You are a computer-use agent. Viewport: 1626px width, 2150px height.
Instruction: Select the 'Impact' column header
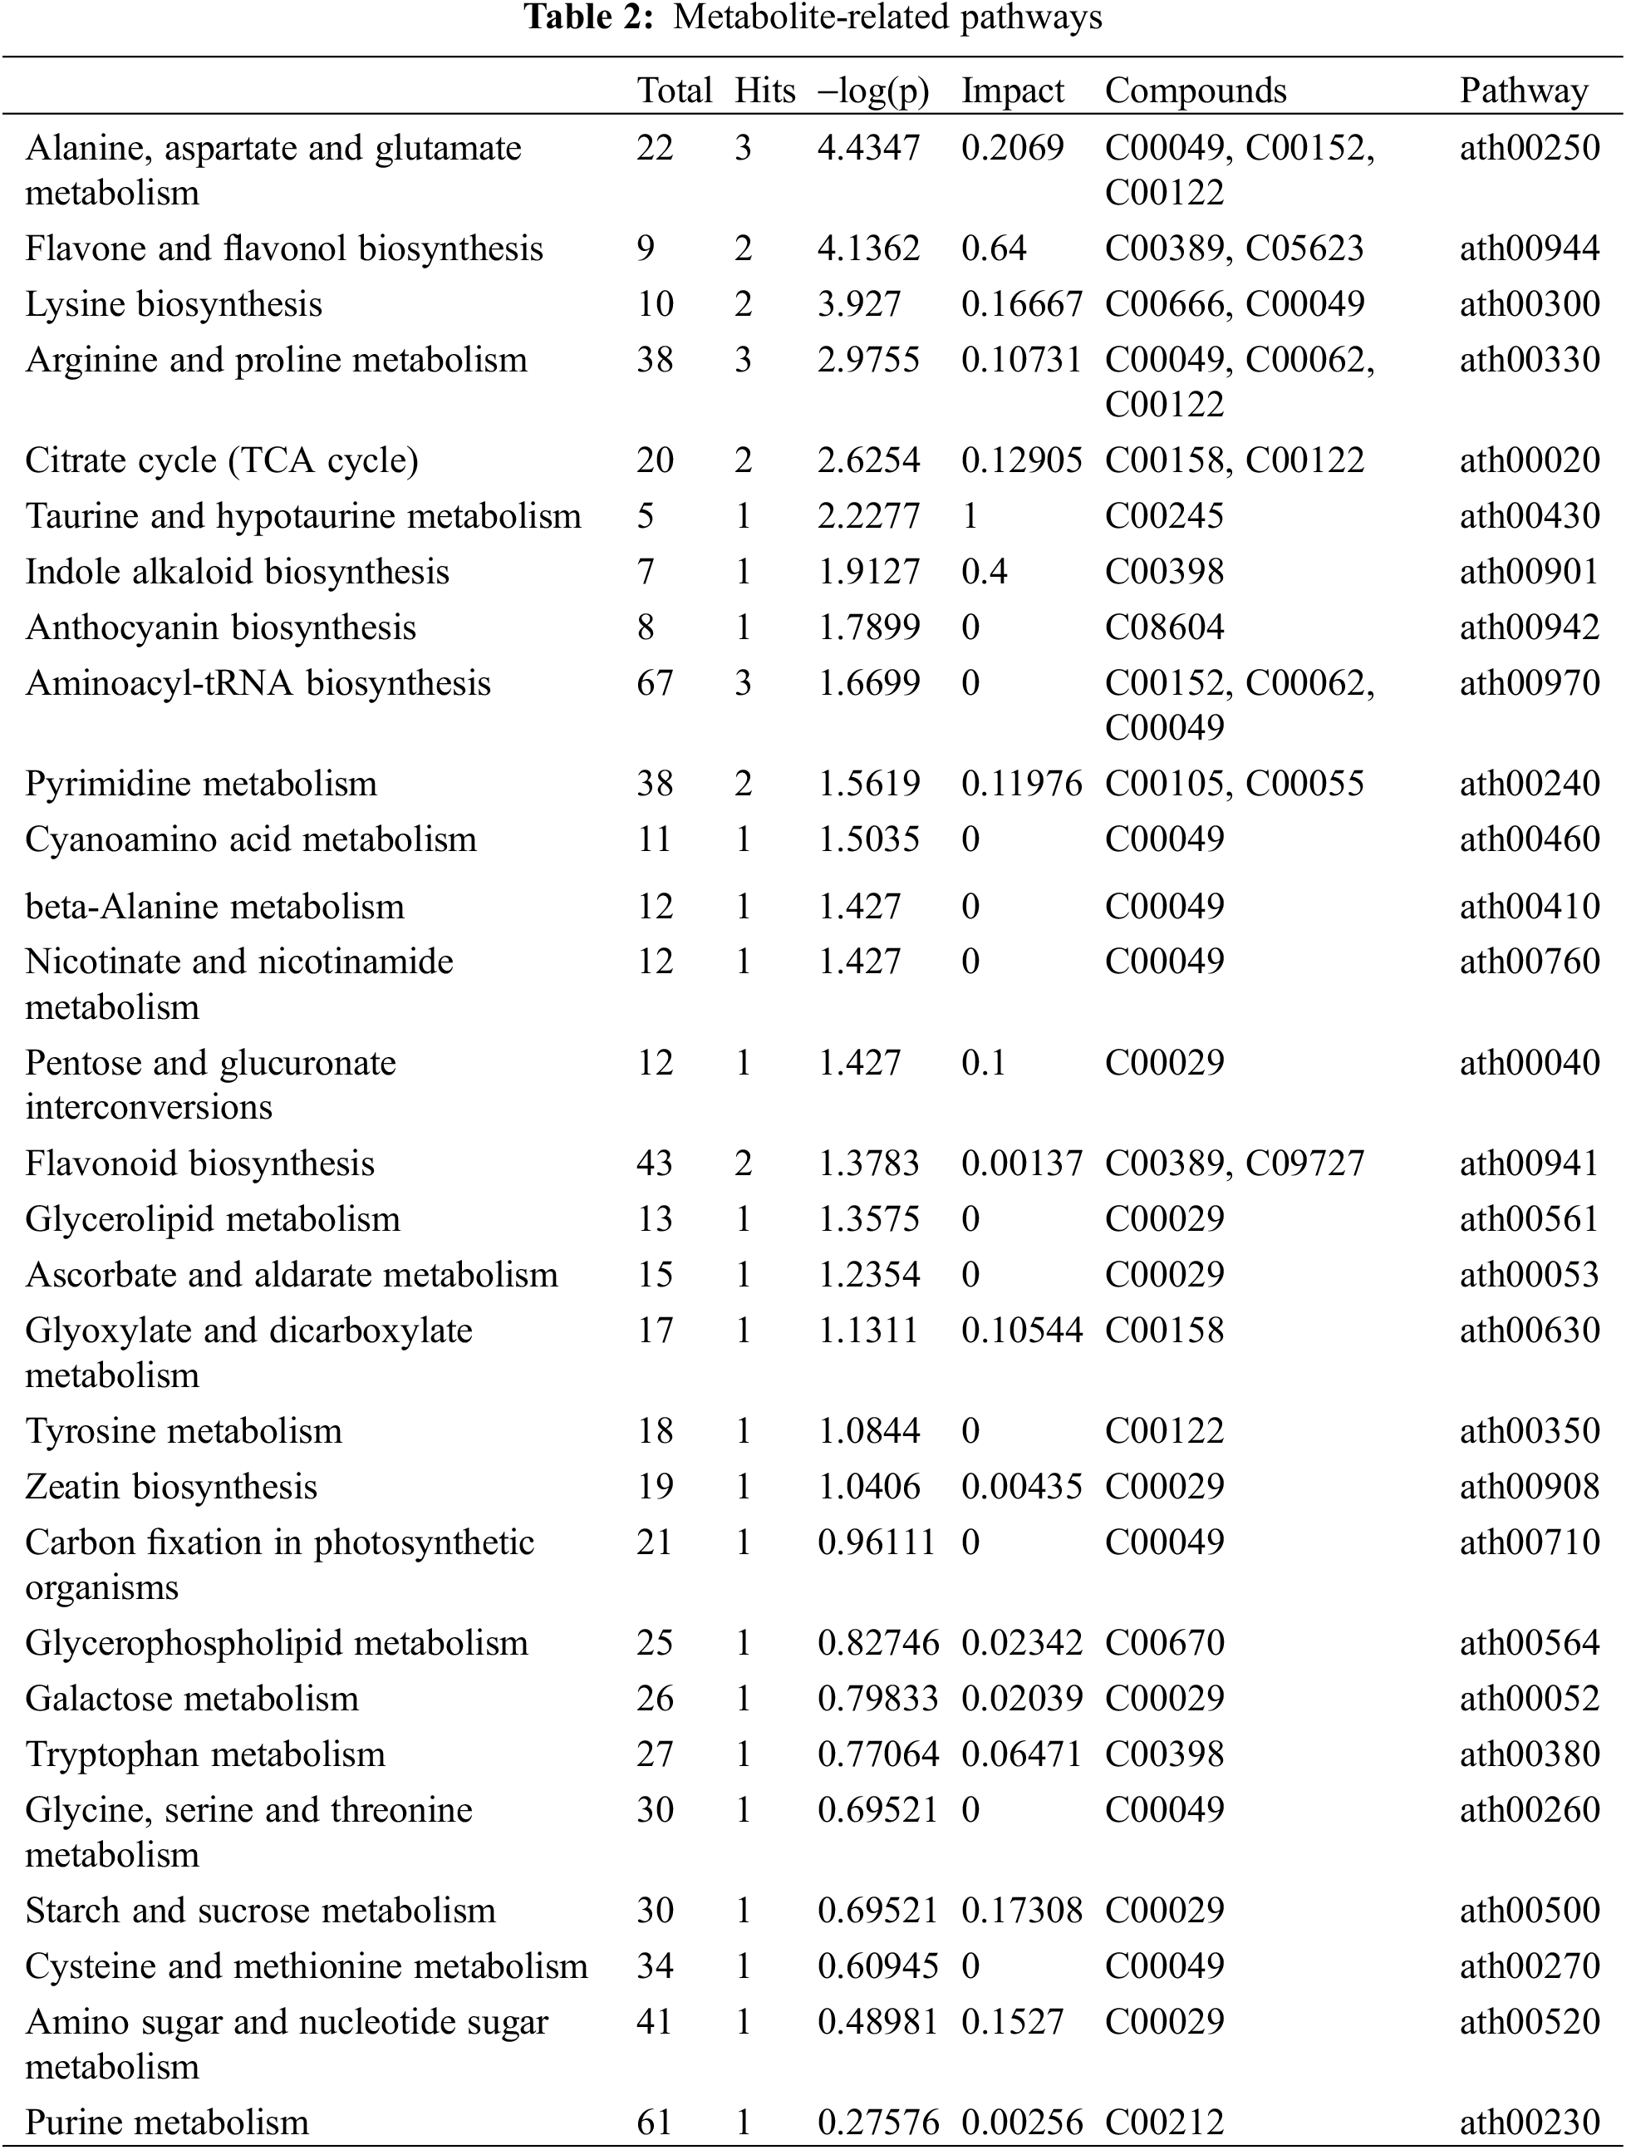pos(1012,91)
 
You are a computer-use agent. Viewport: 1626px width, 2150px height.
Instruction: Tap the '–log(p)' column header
pos(872,91)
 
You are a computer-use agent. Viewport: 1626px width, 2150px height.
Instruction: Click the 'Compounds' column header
pos(1196,91)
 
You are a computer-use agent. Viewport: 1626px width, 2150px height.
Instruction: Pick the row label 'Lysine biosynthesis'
pos(173,304)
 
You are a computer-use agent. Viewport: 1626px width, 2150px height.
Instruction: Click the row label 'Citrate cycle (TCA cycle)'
pos(222,460)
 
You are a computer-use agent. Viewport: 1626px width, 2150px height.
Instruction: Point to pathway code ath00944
pos(1529,248)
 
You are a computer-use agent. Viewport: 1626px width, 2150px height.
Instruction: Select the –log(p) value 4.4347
pos(868,148)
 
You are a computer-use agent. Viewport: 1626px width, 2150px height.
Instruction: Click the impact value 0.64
pos(993,248)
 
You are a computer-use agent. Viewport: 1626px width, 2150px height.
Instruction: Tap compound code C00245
pos(1164,516)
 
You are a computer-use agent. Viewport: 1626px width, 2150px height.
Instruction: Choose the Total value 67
pos(654,683)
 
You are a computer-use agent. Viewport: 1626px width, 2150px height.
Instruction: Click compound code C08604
pos(1164,628)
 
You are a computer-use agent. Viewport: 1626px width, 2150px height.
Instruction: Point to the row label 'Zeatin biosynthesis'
pos(171,1486)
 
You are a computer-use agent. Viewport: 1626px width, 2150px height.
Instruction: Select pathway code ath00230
pos(1529,2121)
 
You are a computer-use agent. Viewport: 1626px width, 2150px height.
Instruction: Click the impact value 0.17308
pos(1020,1910)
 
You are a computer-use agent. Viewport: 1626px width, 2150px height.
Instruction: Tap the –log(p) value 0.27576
pos(877,2121)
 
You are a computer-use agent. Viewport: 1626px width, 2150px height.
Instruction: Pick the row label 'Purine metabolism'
pos(166,2121)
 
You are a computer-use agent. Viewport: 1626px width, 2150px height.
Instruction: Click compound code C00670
pos(1164,1643)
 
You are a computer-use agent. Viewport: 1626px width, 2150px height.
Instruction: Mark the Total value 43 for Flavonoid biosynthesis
pos(654,1164)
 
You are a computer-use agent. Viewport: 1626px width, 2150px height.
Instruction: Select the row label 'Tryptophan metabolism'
pos(205,1754)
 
